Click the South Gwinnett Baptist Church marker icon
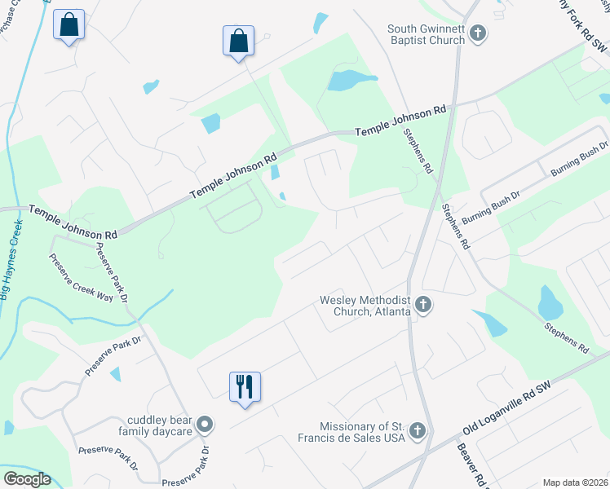pyautogui.click(x=479, y=34)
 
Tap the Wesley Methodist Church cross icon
pyautogui.click(x=422, y=306)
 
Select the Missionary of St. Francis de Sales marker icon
pyautogui.click(x=418, y=430)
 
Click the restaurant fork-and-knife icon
pyautogui.click(x=245, y=386)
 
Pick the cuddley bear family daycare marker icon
pyautogui.click(x=205, y=425)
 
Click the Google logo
pyautogui.click(x=27, y=479)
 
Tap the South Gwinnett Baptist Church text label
pyautogui.click(x=426, y=34)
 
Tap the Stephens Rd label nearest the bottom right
pyautogui.click(x=566, y=336)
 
